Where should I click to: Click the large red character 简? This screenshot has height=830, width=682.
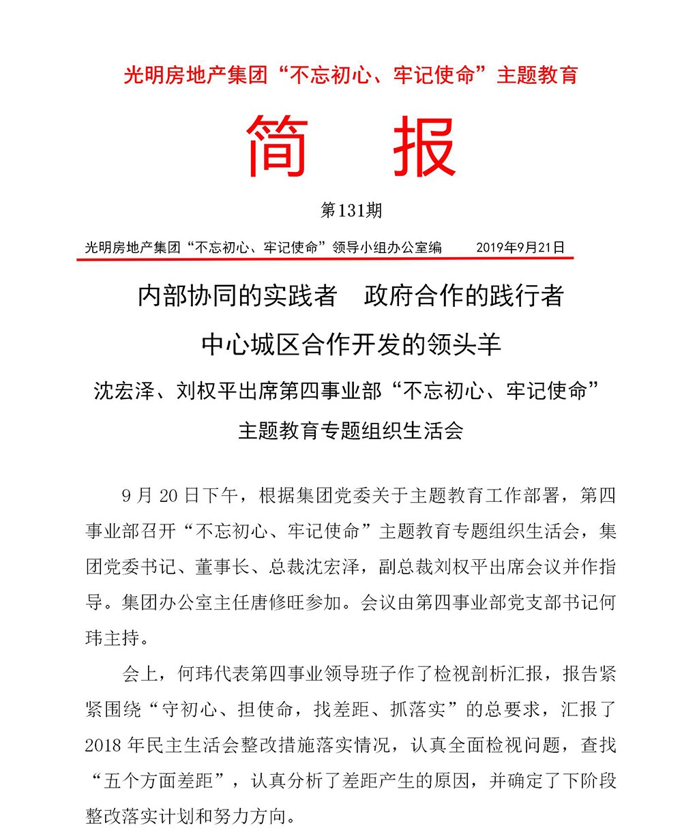(278, 147)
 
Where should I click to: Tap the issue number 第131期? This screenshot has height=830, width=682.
(351, 211)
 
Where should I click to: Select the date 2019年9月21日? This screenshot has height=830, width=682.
(520, 247)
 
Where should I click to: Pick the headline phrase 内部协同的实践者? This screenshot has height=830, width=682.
(237, 296)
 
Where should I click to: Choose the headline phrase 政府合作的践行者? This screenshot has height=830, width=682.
(464, 296)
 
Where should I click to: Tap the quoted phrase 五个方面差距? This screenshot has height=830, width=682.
(170, 780)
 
